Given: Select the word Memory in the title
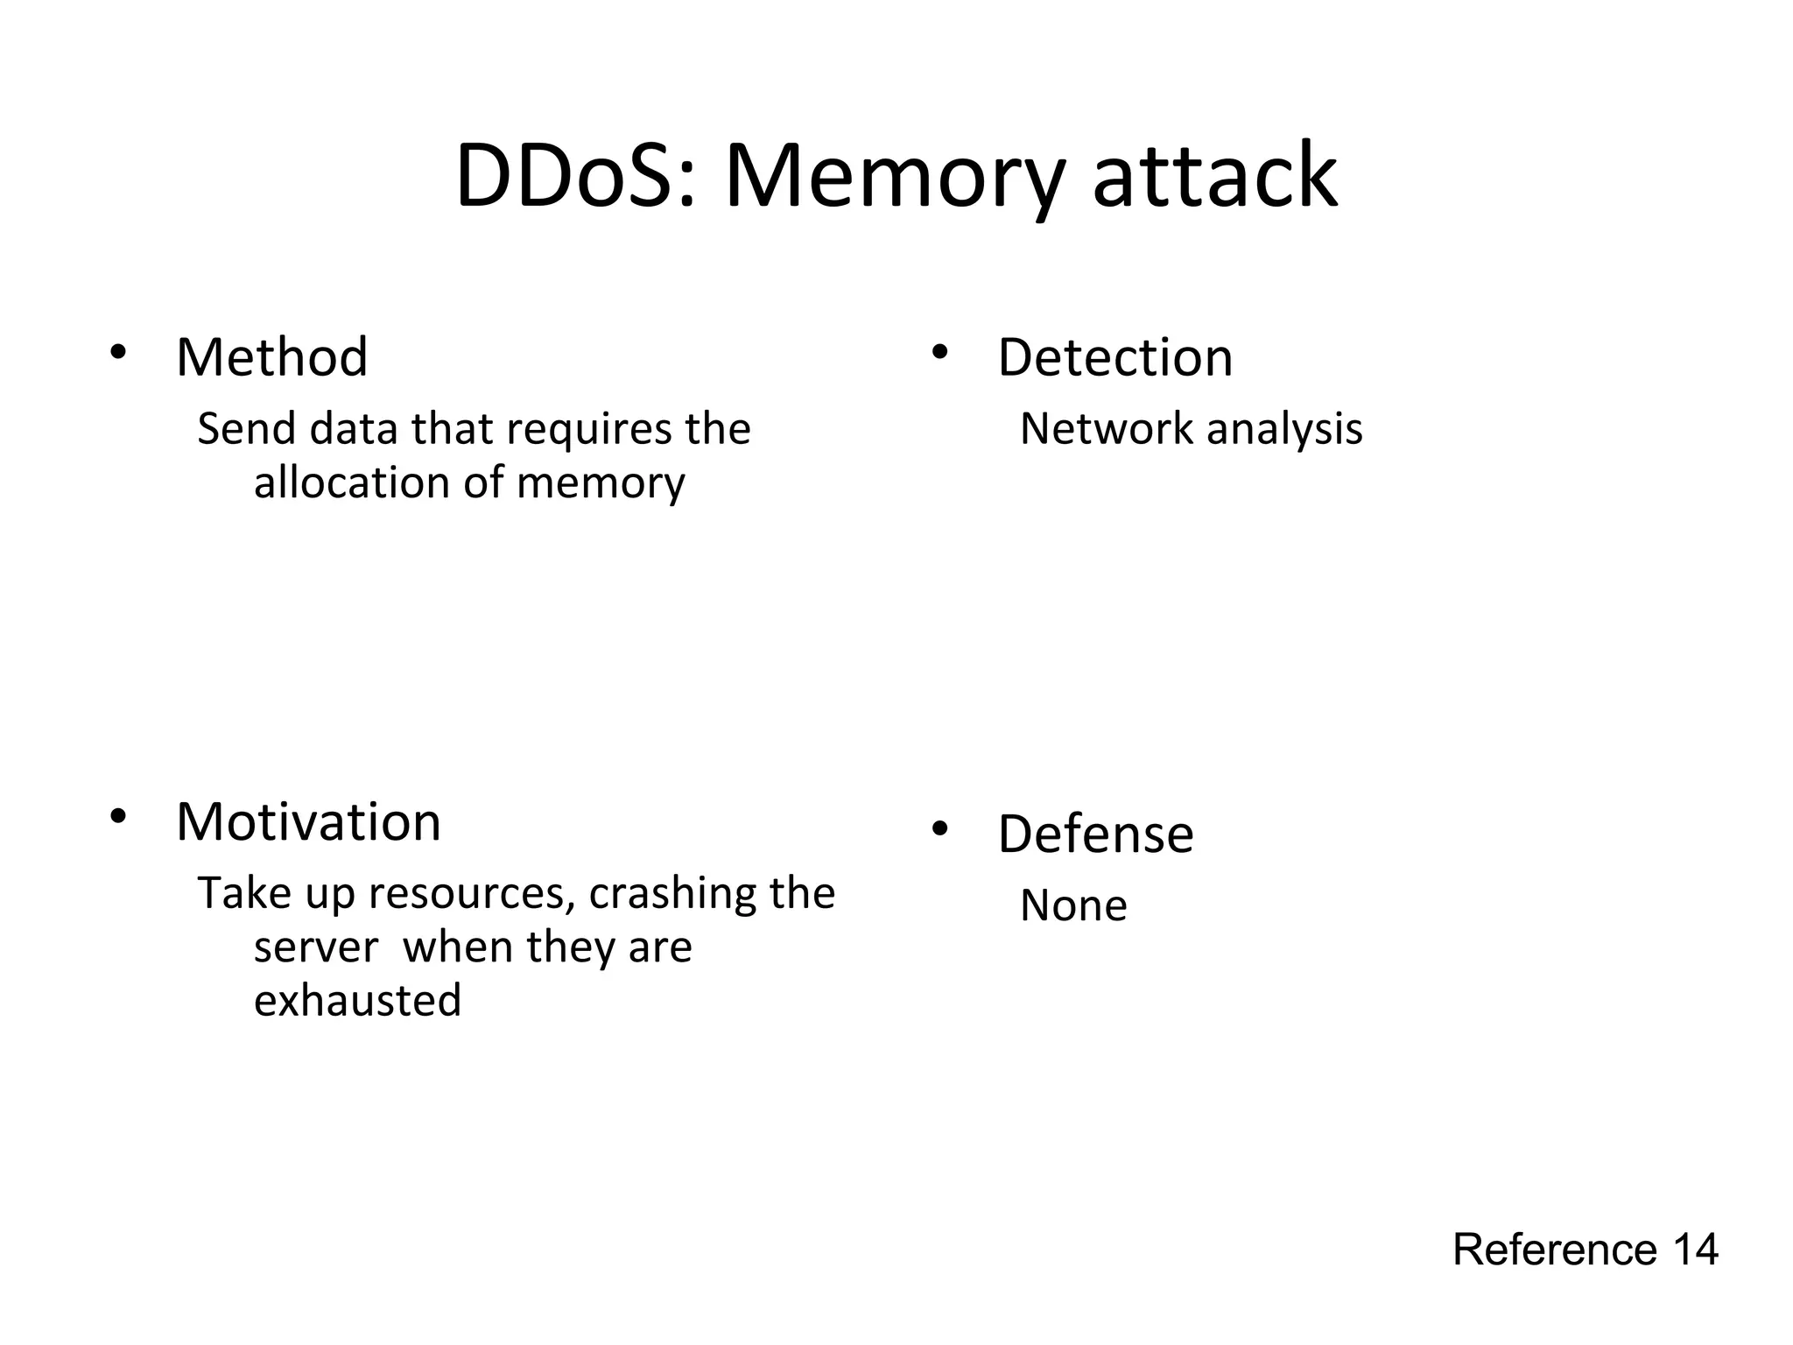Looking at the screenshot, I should click(894, 177).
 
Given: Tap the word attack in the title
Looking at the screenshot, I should click(1215, 177).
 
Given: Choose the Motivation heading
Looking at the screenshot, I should click(308, 822).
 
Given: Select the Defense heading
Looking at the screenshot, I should click(1095, 834).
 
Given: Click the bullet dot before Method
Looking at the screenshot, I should click(118, 352).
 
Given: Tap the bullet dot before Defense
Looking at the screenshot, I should click(939, 828).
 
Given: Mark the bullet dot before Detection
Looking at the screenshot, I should click(939, 352).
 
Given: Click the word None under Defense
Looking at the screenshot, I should click(1073, 905).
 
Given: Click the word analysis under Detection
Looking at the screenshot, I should click(1284, 429).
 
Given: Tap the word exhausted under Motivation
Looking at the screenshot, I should click(357, 1000).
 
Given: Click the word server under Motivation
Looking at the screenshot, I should click(316, 947).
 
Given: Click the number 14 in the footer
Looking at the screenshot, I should click(1695, 1250).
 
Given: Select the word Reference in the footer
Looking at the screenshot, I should click(1555, 1250).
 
